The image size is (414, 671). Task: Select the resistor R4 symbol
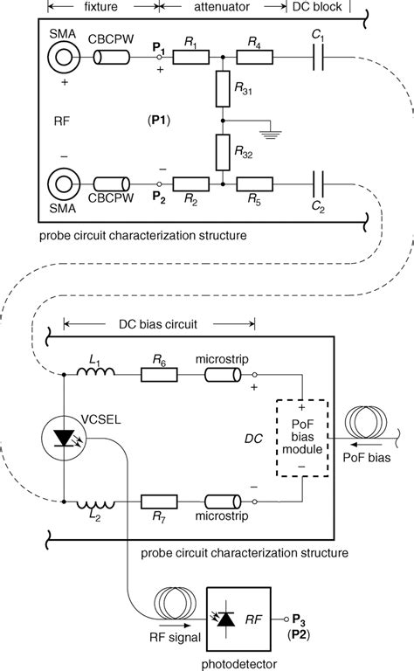tap(254, 59)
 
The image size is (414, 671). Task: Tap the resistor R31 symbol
tap(223, 89)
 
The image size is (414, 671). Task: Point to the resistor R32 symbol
tap(223, 152)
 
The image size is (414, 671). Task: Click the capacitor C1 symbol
tap(319, 59)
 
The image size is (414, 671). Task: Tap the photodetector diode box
tap(226, 618)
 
